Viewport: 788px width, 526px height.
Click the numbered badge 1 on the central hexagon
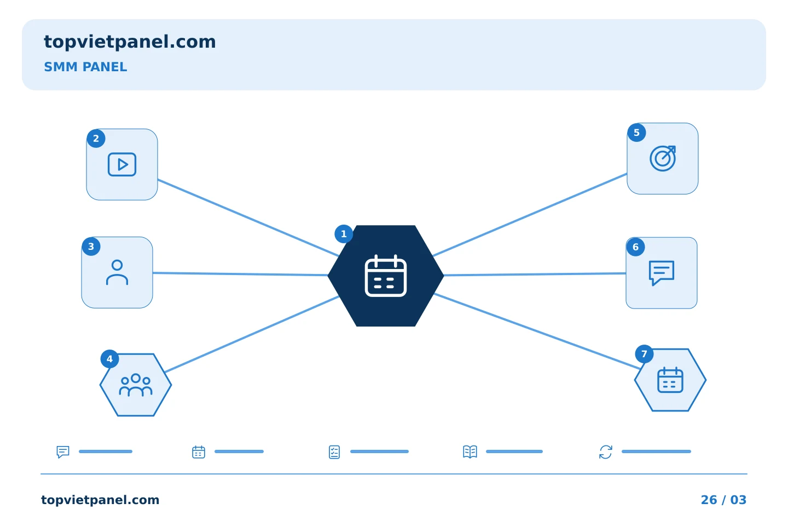click(344, 234)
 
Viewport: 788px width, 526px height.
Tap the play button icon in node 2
click(122, 164)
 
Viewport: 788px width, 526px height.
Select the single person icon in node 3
click(117, 272)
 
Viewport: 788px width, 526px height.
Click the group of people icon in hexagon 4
click(136, 385)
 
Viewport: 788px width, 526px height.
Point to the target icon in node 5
click(663, 158)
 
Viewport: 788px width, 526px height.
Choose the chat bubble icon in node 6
click(662, 273)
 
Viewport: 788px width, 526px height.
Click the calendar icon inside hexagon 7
click(670, 380)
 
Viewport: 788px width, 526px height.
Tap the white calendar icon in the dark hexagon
click(386, 276)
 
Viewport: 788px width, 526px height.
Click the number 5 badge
click(637, 133)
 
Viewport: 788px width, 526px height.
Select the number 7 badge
click(645, 354)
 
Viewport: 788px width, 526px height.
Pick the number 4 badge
click(110, 359)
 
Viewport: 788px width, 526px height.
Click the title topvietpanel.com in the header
click(130, 42)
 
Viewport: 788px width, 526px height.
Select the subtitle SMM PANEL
click(85, 67)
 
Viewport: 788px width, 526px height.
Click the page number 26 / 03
click(723, 500)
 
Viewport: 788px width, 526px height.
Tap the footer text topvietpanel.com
click(100, 500)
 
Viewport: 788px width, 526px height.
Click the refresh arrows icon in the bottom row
click(606, 452)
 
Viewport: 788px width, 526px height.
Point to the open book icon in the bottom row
click(470, 451)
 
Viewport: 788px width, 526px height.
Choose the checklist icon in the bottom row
click(334, 452)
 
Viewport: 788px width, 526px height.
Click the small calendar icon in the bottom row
click(199, 452)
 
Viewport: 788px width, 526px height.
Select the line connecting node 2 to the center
click(248, 218)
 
